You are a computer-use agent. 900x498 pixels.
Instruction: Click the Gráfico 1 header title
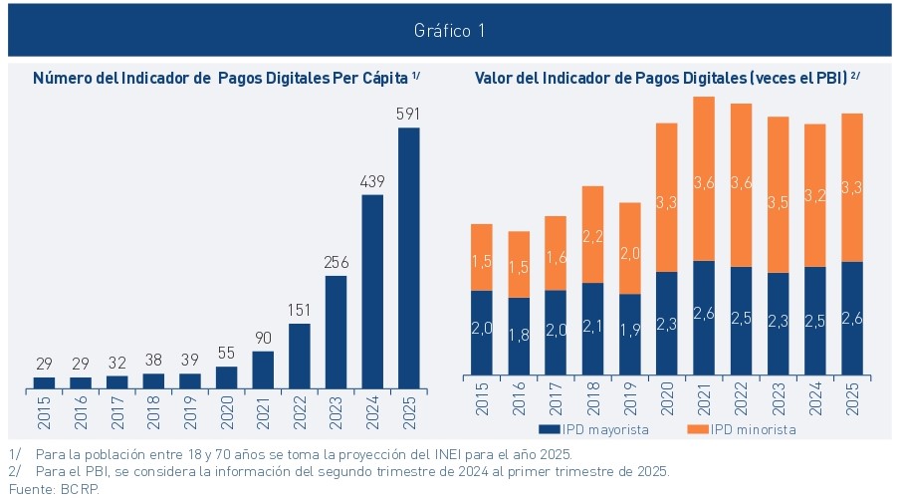[x=449, y=31]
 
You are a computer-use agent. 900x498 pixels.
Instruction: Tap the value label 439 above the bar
[x=372, y=181]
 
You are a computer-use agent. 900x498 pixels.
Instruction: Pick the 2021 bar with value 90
[x=263, y=369]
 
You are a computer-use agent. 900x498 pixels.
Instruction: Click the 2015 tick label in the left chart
[x=44, y=409]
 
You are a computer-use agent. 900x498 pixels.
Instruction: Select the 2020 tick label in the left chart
[x=227, y=409]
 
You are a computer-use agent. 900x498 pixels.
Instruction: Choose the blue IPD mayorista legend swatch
[x=546, y=430]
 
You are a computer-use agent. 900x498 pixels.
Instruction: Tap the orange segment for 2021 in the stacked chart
[x=704, y=179]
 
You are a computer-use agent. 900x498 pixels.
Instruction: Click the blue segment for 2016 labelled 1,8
[x=519, y=339]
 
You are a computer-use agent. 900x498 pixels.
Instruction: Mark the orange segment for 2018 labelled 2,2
[x=592, y=235]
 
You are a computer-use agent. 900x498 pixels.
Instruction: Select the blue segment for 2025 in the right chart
[x=851, y=320]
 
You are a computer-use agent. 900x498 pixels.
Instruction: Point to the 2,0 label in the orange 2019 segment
[x=629, y=253]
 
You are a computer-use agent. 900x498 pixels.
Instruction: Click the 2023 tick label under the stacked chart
[x=778, y=409]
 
